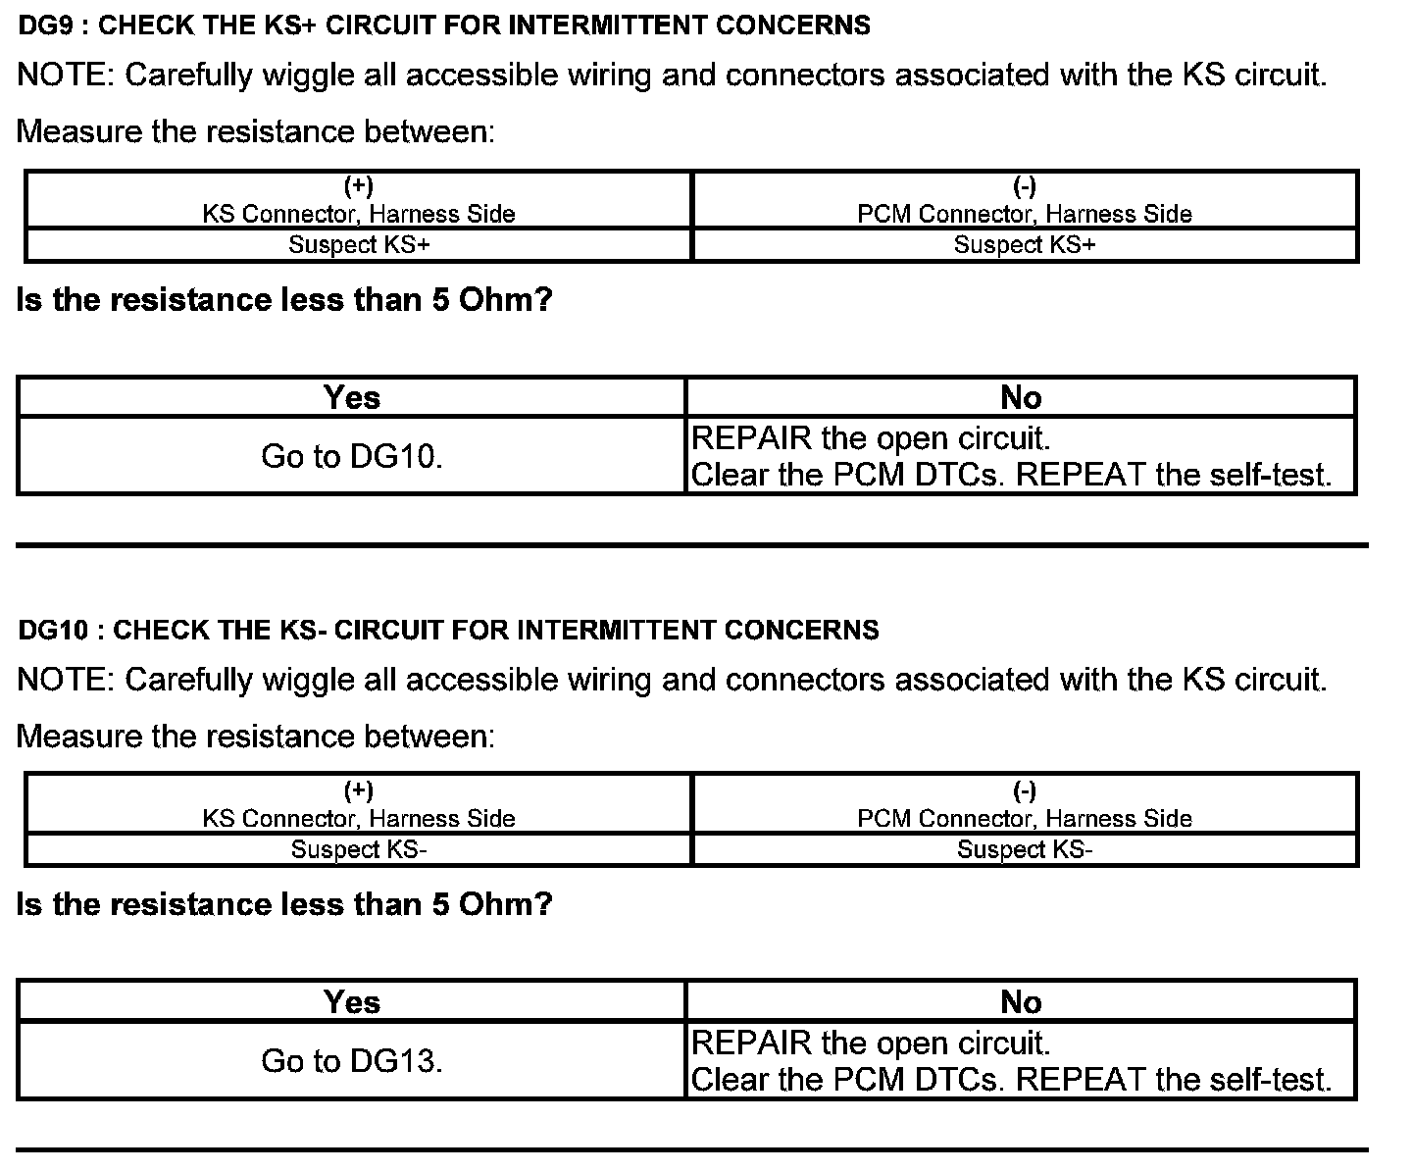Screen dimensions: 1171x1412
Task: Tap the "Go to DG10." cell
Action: (352, 456)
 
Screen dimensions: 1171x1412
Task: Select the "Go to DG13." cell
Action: (352, 1060)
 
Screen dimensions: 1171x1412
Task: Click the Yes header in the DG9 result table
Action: (352, 397)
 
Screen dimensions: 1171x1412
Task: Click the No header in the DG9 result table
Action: (1021, 397)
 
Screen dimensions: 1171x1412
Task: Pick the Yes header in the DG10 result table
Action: (352, 1001)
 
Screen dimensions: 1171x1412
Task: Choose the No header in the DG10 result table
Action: (1021, 1001)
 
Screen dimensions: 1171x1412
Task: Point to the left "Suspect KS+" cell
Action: (359, 245)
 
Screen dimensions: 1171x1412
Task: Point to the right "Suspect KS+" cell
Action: (1025, 245)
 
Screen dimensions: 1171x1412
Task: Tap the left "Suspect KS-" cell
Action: (359, 849)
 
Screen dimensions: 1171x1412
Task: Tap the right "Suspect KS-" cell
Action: (1025, 849)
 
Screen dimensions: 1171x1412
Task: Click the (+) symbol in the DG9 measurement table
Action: (359, 186)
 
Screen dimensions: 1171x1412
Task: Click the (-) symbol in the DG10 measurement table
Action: (1025, 790)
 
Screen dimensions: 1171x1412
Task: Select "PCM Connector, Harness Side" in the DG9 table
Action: (1025, 214)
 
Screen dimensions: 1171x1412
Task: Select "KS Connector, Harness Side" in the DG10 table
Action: (359, 818)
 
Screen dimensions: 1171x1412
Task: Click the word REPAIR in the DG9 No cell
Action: (751, 438)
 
